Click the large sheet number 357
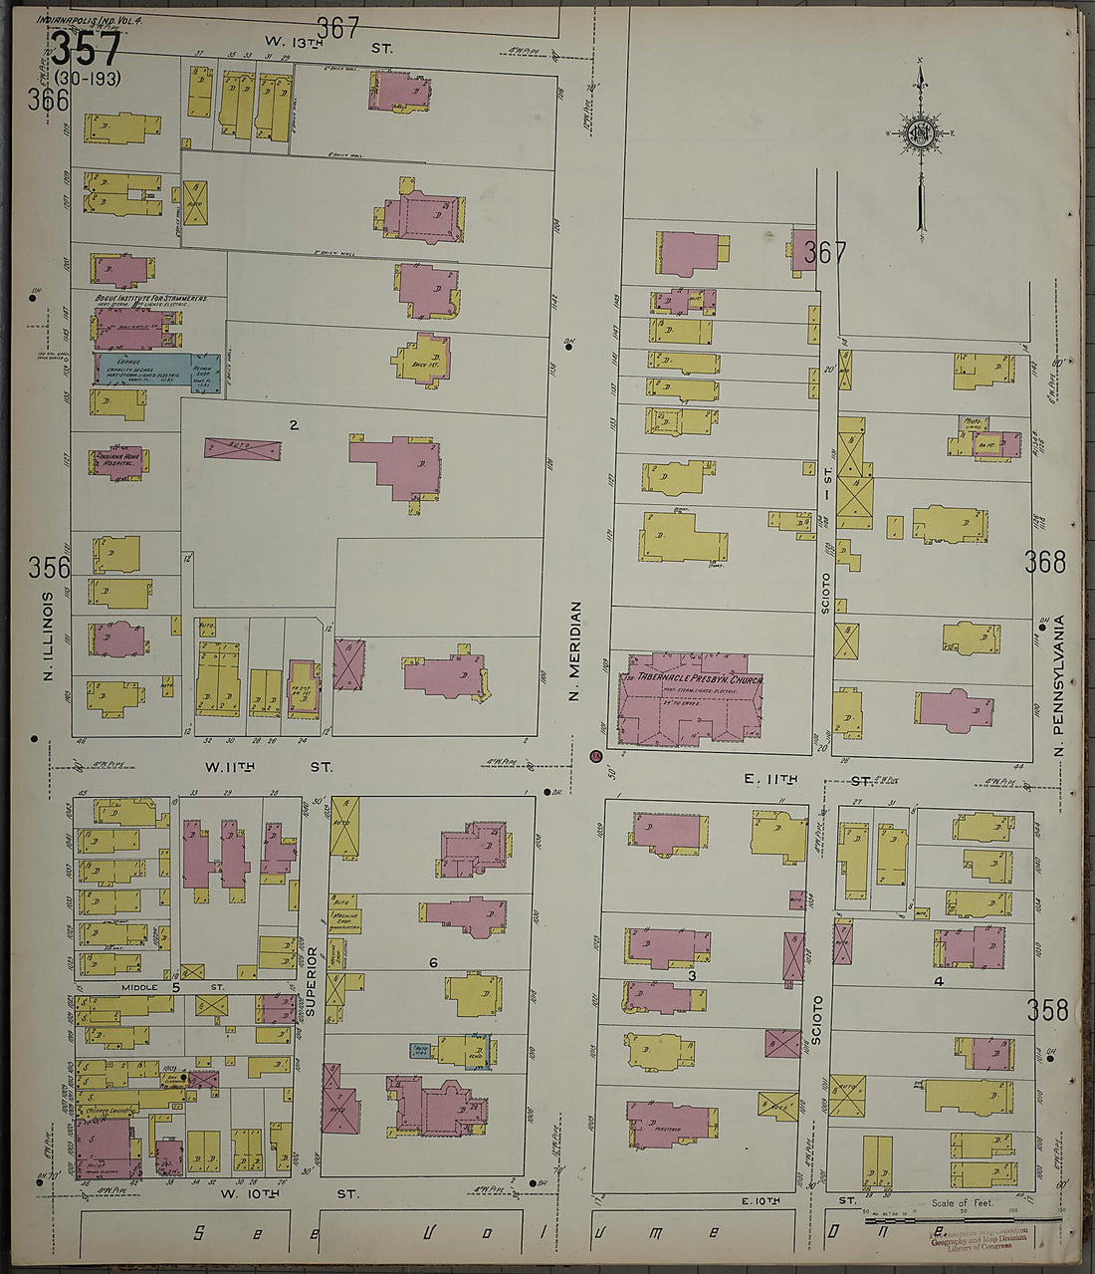pyautogui.click(x=86, y=49)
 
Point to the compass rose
pyautogui.click(x=921, y=133)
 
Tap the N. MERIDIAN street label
pyautogui.click(x=574, y=650)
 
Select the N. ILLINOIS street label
pyautogui.click(x=47, y=638)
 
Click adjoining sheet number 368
pyautogui.click(x=1044, y=563)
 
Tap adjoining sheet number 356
pyautogui.click(x=49, y=568)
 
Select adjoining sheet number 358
pyautogui.click(x=1048, y=1011)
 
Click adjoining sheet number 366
pyautogui.click(x=48, y=100)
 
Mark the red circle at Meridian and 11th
pyautogui.click(x=595, y=756)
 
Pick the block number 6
pyautogui.click(x=433, y=962)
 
